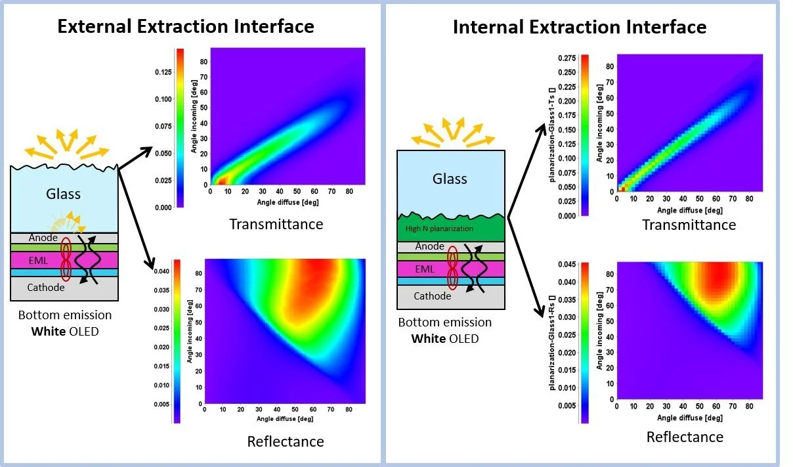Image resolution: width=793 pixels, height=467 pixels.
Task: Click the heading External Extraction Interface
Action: coord(186,26)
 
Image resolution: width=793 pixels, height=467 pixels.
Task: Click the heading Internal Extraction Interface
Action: coord(580,27)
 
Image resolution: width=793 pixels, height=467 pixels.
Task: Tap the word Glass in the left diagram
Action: coord(64,193)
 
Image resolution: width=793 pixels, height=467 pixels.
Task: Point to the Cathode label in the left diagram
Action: coord(46,287)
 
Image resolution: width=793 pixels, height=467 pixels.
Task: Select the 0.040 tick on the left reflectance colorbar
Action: coord(162,271)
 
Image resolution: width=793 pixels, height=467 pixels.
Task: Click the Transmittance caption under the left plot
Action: coord(276,224)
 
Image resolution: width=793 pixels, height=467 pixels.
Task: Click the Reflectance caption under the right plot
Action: coord(685,437)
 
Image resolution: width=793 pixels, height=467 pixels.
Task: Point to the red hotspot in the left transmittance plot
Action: coord(221,179)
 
